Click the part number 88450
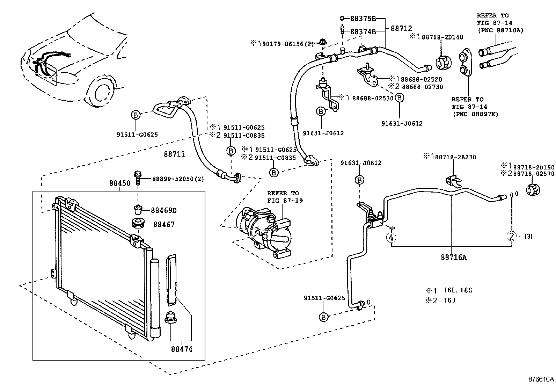pyautogui.click(x=119, y=183)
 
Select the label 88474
pyautogui.click(x=182, y=349)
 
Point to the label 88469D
pyautogui.click(x=164, y=210)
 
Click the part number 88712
pyautogui.click(x=401, y=29)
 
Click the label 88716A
pyautogui.click(x=453, y=258)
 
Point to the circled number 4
pyautogui.click(x=391, y=238)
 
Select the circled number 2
pyautogui.click(x=512, y=237)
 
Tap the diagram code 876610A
pyautogui.click(x=541, y=379)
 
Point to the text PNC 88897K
pyautogui.click(x=475, y=114)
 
